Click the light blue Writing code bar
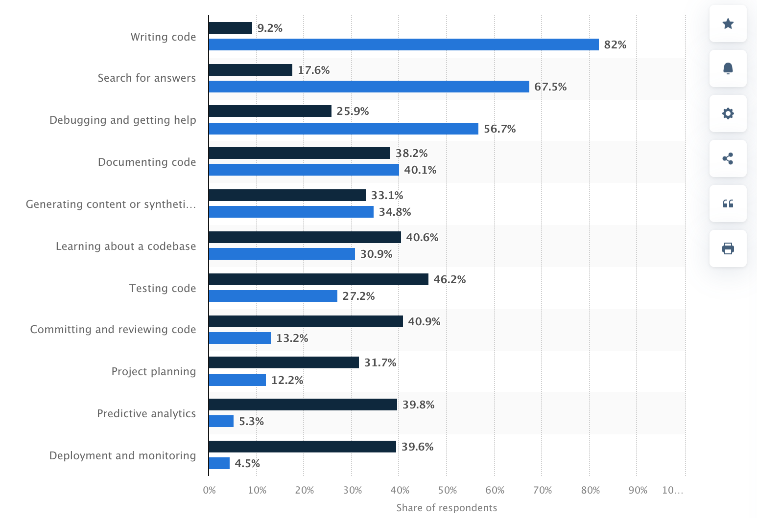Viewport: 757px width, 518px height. click(x=403, y=45)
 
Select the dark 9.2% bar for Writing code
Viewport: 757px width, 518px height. click(x=230, y=28)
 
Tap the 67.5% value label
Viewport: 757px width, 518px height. click(x=550, y=87)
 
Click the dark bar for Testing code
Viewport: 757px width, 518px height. click(x=318, y=279)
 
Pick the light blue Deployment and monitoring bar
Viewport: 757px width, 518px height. click(x=219, y=463)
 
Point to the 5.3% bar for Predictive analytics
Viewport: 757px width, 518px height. click(x=221, y=421)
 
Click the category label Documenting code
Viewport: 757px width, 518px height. click(x=147, y=162)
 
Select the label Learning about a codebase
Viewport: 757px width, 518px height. click(x=126, y=246)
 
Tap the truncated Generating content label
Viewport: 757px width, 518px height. click(x=111, y=204)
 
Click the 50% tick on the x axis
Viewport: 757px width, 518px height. click(x=447, y=490)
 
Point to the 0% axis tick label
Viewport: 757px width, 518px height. click(x=209, y=490)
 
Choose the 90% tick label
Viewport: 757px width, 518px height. click(x=638, y=490)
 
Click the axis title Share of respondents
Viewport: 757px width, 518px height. click(x=447, y=508)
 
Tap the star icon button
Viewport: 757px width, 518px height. click(x=728, y=23)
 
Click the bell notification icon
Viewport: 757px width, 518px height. click(x=728, y=68)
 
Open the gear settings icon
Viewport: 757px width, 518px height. click(x=728, y=113)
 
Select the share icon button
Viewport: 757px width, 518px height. click(x=728, y=158)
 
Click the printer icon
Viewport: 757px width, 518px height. click(x=728, y=248)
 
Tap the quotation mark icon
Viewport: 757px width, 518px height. click(x=728, y=203)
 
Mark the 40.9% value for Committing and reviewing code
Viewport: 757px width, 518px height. click(x=424, y=321)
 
